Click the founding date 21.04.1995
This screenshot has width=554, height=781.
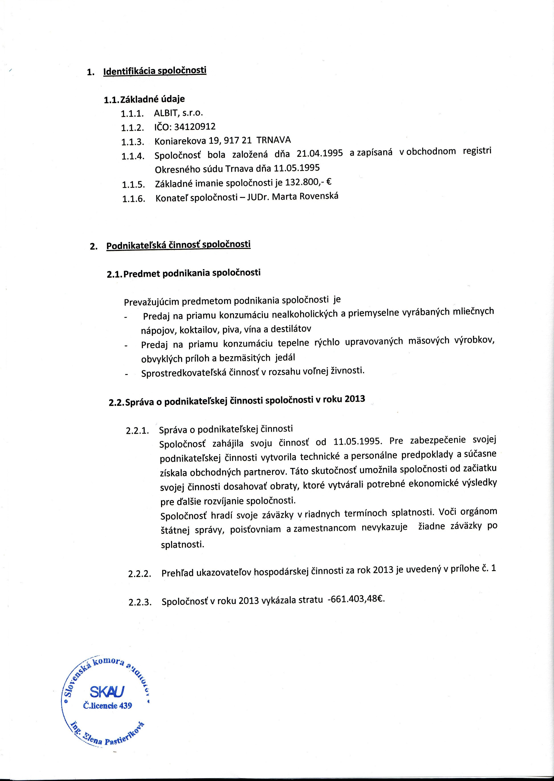[x=320, y=153]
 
